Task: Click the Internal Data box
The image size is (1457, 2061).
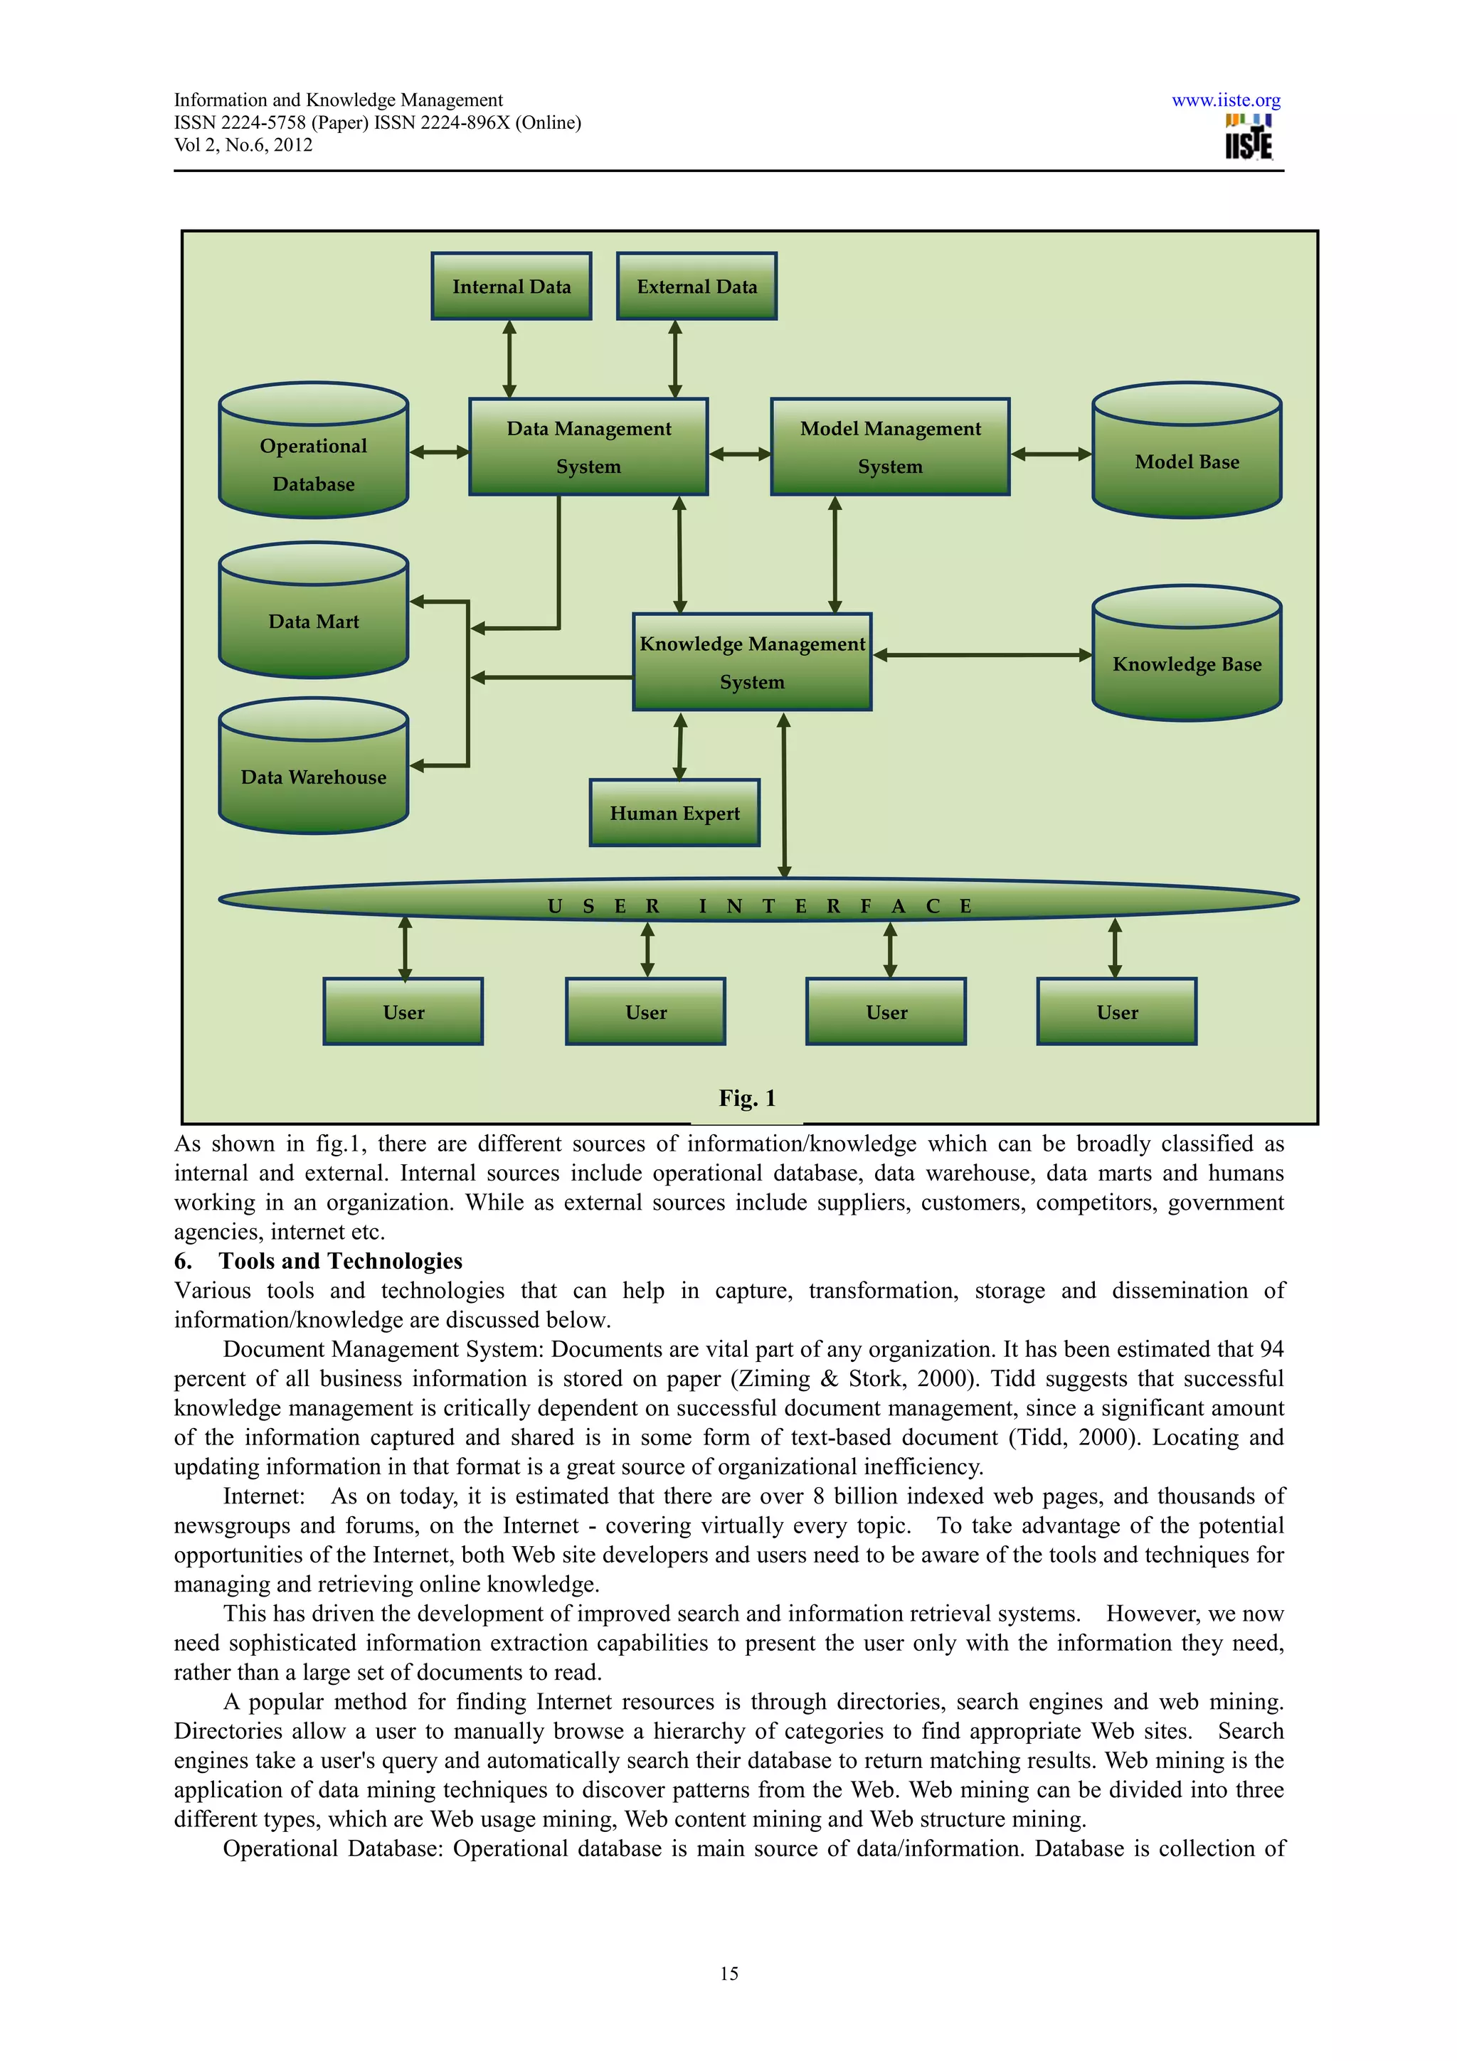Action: coord(511,287)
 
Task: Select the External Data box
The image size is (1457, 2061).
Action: coord(696,287)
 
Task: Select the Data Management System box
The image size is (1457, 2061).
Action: coord(588,447)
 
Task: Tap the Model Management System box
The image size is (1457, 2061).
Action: coord(890,447)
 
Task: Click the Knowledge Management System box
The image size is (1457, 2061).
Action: coord(751,663)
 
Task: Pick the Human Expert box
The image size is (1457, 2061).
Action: coord(674,814)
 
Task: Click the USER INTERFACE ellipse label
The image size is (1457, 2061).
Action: coord(758,906)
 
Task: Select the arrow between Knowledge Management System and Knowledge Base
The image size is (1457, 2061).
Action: coord(981,655)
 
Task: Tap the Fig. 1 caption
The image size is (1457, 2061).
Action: coord(747,1098)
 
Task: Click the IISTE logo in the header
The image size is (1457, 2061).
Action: coord(1248,137)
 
